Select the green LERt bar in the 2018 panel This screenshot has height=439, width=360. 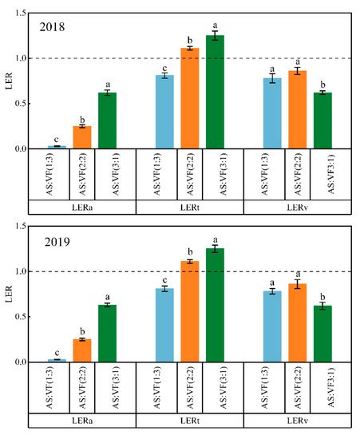coord(216,92)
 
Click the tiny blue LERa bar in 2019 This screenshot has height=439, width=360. coord(56,360)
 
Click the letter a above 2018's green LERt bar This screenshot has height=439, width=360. coord(216,26)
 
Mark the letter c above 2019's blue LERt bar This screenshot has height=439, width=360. coord(164,279)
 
